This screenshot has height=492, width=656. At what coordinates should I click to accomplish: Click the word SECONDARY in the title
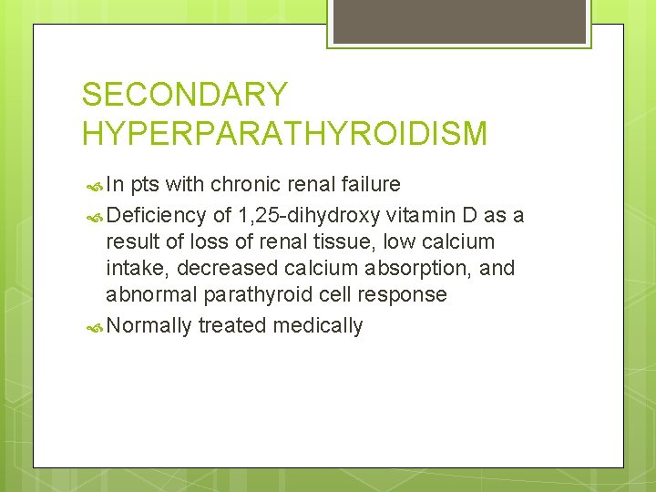click(x=184, y=95)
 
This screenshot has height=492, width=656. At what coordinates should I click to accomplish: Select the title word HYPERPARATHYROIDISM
click(x=284, y=134)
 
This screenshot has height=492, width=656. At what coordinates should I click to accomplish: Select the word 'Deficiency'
click(x=156, y=214)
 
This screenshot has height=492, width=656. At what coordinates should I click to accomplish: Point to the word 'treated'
click(x=232, y=325)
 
